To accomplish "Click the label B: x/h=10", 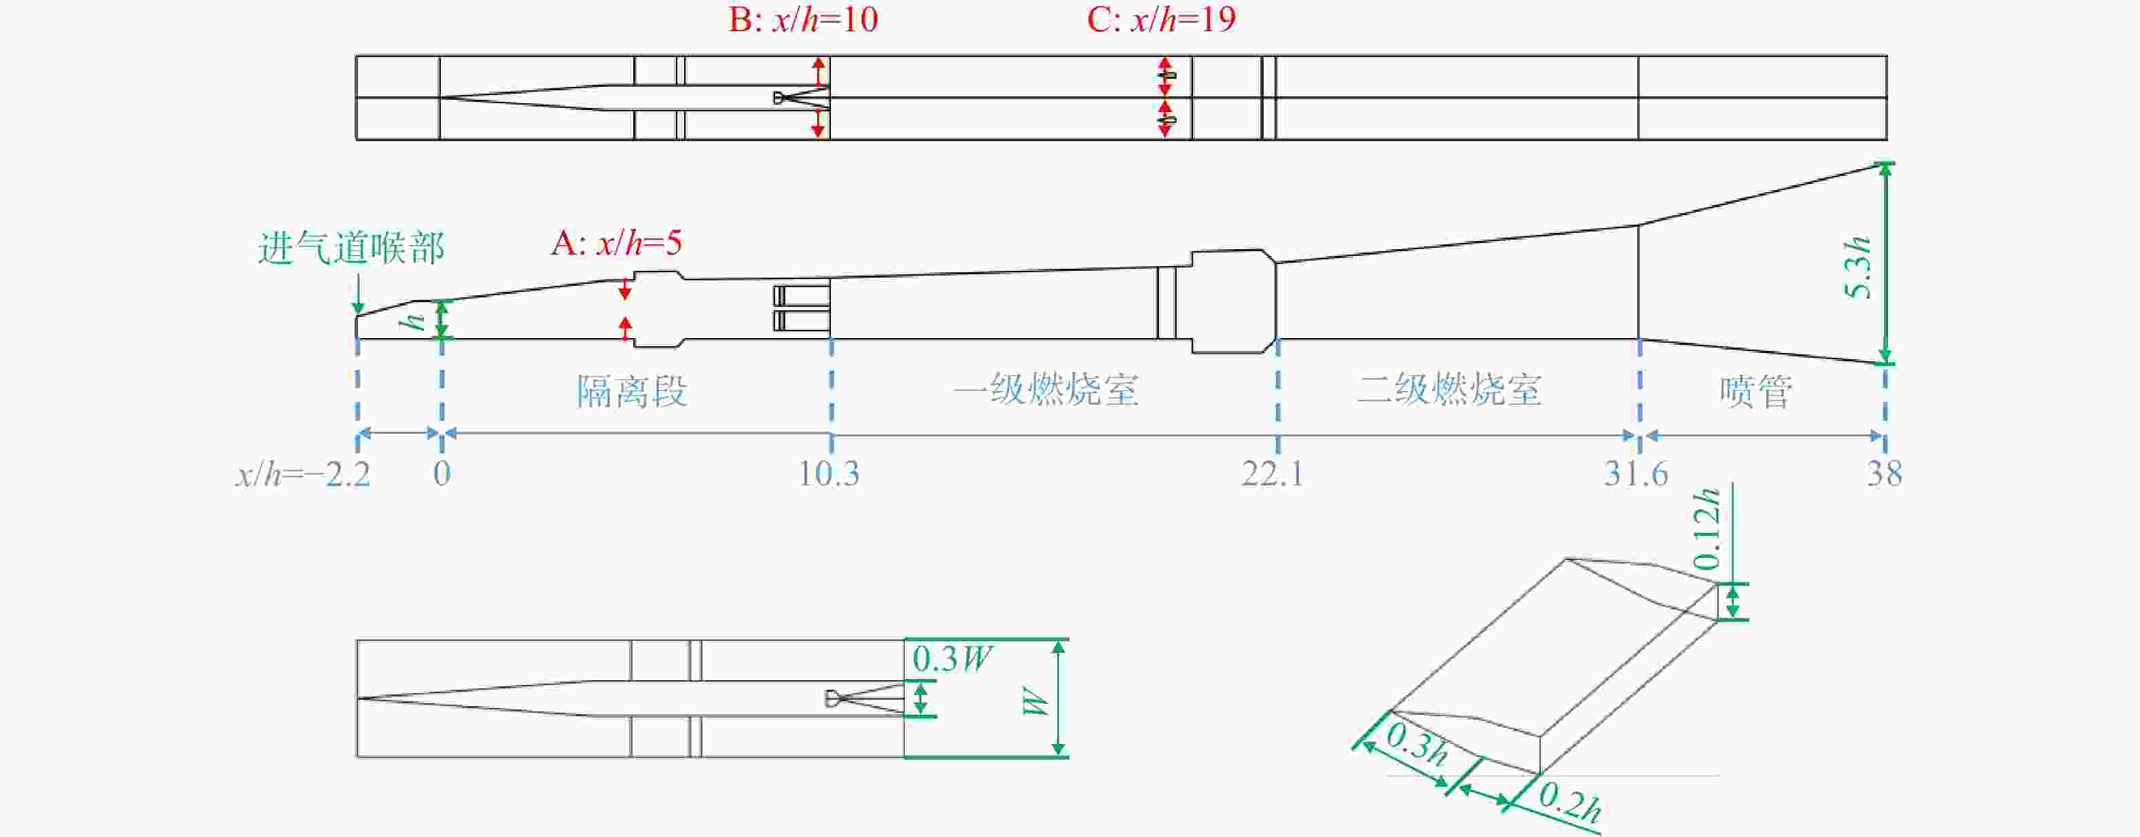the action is [802, 19].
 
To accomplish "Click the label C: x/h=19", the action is [1160, 19].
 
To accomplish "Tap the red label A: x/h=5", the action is [616, 243].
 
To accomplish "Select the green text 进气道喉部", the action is [351, 248].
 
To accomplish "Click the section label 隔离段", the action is [632, 391].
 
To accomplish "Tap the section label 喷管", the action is [1755, 391].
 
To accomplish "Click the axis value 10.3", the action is [828, 474].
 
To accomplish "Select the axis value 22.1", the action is [1272, 474].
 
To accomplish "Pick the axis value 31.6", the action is [1635, 474].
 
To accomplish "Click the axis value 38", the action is [1884, 474].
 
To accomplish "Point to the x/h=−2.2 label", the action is [302, 474].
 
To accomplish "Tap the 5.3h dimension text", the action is [1857, 267].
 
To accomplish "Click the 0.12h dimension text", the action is [1707, 529].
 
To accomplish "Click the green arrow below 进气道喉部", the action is [357, 293].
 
